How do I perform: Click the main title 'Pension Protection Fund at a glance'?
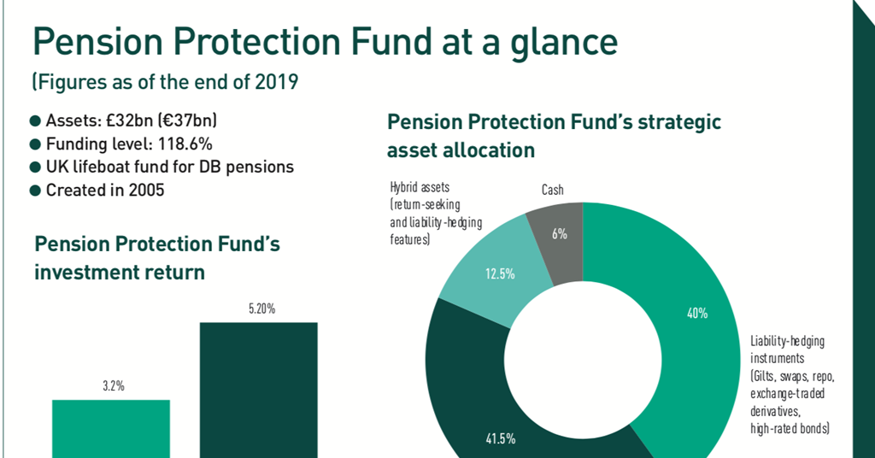pos(324,42)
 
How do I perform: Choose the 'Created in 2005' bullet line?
pos(105,190)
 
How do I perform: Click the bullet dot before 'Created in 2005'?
pos(35,191)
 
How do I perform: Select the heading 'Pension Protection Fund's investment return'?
pos(157,258)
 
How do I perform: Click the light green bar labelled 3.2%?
pos(111,428)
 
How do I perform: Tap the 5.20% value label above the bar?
pos(261,308)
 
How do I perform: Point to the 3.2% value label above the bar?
pos(111,386)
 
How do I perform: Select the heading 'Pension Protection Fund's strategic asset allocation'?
pos(554,136)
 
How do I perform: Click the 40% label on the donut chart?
pos(696,314)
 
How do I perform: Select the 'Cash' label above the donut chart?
pos(552,190)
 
